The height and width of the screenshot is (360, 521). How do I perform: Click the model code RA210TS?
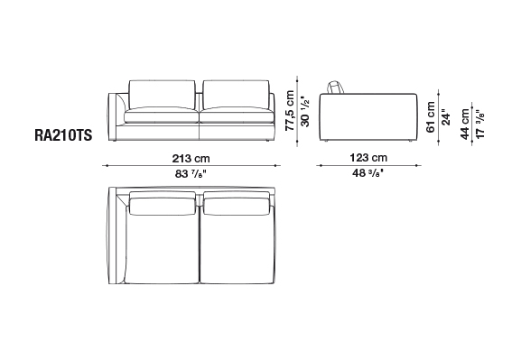point(63,135)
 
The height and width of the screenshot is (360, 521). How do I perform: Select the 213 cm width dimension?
point(191,159)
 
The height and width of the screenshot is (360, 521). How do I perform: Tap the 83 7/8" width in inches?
point(191,173)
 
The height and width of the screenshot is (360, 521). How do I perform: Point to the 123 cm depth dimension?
point(368,157)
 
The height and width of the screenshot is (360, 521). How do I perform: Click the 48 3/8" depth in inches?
point(368,172)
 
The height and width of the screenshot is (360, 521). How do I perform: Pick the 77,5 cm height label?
point(290,111)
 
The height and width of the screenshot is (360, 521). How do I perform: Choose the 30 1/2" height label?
point(304,112)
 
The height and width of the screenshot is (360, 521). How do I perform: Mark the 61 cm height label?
point(431,117)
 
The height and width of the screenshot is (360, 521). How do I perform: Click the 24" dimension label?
point(445,117)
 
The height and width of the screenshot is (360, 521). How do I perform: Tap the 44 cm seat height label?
point(464,124)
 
